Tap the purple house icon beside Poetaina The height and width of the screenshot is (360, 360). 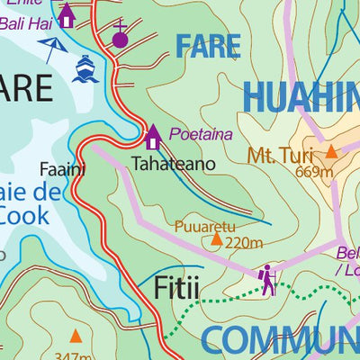152,137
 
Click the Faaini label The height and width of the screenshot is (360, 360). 62,167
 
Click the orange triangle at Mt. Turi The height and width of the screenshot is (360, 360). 331,151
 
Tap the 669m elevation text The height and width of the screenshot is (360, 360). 314,173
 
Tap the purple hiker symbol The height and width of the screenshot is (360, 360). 267,280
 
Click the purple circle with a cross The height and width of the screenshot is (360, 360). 120,37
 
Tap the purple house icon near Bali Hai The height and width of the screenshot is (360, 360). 67,15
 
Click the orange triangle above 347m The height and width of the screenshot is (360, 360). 76,337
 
